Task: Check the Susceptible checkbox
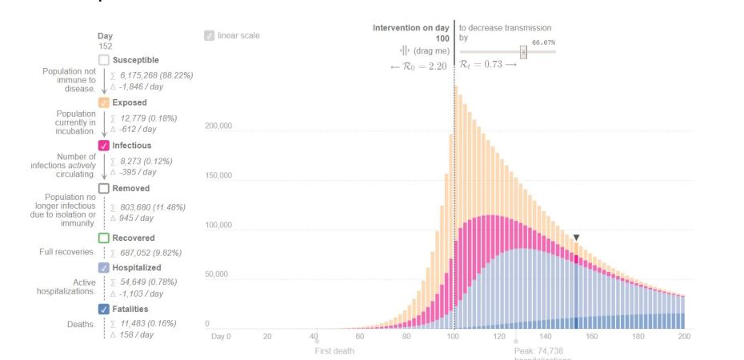(x=103, y=60)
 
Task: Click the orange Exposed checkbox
(x=103, y=103)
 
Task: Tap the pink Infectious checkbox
(x=103, y=146)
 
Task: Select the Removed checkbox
(x=103, y=189)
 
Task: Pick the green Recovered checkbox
(x=103, y=238)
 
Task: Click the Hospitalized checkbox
(x=103, y=268)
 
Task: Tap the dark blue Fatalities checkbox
(x=103, y=310)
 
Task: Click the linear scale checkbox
(x=209, y=35)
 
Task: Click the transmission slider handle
(x=523, y=52)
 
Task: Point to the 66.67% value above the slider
(x=543, y=42)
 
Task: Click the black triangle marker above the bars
(x=575, y=238)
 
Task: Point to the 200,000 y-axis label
(x=218, y=126)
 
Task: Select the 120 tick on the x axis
(x=500, y=337)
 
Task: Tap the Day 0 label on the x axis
(x=220, y=337)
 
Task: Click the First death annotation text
(x=334, y=351)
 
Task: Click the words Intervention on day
(x=410, y=28)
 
